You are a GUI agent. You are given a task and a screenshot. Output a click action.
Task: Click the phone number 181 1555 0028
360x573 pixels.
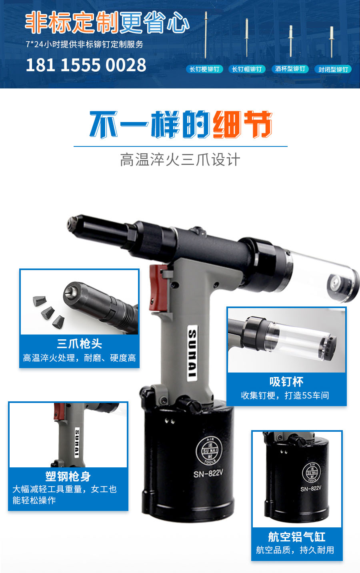coord(86,65)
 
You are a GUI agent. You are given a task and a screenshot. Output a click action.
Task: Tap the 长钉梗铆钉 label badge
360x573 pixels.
coord(204,69)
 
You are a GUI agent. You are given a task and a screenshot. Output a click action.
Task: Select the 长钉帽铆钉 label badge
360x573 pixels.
coord(247,69)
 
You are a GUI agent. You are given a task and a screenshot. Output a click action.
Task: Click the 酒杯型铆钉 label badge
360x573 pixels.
coord(290,69)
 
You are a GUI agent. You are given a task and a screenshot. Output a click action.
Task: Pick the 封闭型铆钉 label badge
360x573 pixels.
coord(333,69)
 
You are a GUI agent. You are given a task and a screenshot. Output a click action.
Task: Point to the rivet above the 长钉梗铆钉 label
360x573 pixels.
coord(206,35)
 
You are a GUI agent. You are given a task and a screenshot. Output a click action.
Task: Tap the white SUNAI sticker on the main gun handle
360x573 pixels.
coord(192,353)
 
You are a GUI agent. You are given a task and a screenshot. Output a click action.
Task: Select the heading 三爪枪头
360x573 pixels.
coord(80,344)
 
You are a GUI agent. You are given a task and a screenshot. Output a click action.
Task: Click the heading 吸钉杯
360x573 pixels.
coord(286,382)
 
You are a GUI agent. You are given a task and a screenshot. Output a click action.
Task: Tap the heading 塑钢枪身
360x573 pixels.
coord(68,476)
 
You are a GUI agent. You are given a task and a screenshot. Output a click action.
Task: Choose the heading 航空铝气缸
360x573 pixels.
coord(296,537)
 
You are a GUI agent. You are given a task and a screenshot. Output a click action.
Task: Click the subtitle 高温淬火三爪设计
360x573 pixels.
coord(180,160)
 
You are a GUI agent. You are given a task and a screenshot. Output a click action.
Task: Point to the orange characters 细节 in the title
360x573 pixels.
coord(242,124)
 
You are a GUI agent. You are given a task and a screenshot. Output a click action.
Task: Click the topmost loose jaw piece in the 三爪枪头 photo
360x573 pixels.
coord(40,301)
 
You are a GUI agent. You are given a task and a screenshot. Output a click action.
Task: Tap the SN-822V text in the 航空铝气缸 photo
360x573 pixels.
coord(311,489)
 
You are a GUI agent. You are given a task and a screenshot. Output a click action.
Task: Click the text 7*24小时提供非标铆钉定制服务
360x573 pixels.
coord(84,44)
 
